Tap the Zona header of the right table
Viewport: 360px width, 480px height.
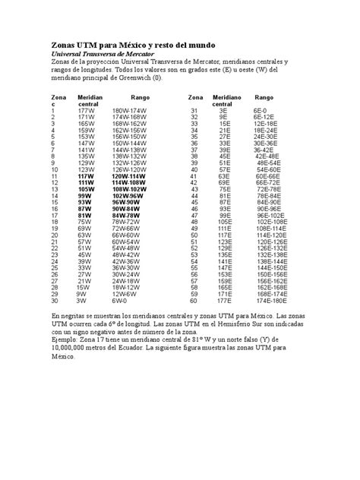coord(196,98)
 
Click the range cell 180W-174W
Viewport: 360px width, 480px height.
coord(128,111)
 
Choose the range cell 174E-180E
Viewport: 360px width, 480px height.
coord(272,299)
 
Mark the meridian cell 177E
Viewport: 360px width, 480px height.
coord(226,299)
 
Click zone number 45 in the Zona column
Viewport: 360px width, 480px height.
coord(194,202)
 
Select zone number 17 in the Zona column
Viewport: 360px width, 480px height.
coord(54,215)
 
